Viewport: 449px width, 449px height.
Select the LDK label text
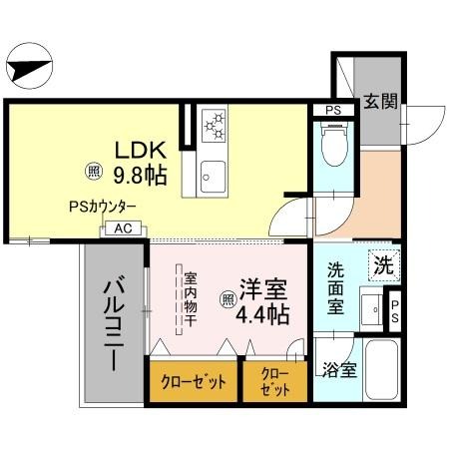coord(138,152)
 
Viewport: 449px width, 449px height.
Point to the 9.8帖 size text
coord(140,177)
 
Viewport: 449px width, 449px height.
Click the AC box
coord(124,228)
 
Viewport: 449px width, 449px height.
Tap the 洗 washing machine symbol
coord(383,265)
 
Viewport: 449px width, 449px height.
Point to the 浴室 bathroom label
coord(339,370)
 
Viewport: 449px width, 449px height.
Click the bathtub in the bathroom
coord(381,370)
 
